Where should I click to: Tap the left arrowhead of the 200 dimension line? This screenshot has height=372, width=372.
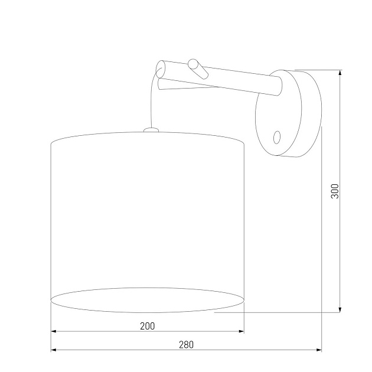pos(54,332)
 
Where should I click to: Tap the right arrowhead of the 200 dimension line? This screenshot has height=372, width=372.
pos(242,332)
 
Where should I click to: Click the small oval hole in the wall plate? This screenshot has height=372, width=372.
pos(276,137)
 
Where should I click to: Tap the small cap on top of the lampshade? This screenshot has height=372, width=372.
pos(151,129)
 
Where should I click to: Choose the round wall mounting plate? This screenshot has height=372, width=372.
pos(278,115)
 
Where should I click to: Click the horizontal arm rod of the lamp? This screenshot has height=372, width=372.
pos(230,83)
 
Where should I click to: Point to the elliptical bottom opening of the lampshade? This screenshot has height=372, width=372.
pos(148,298)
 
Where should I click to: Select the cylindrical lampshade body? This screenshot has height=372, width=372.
pos(148,218)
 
